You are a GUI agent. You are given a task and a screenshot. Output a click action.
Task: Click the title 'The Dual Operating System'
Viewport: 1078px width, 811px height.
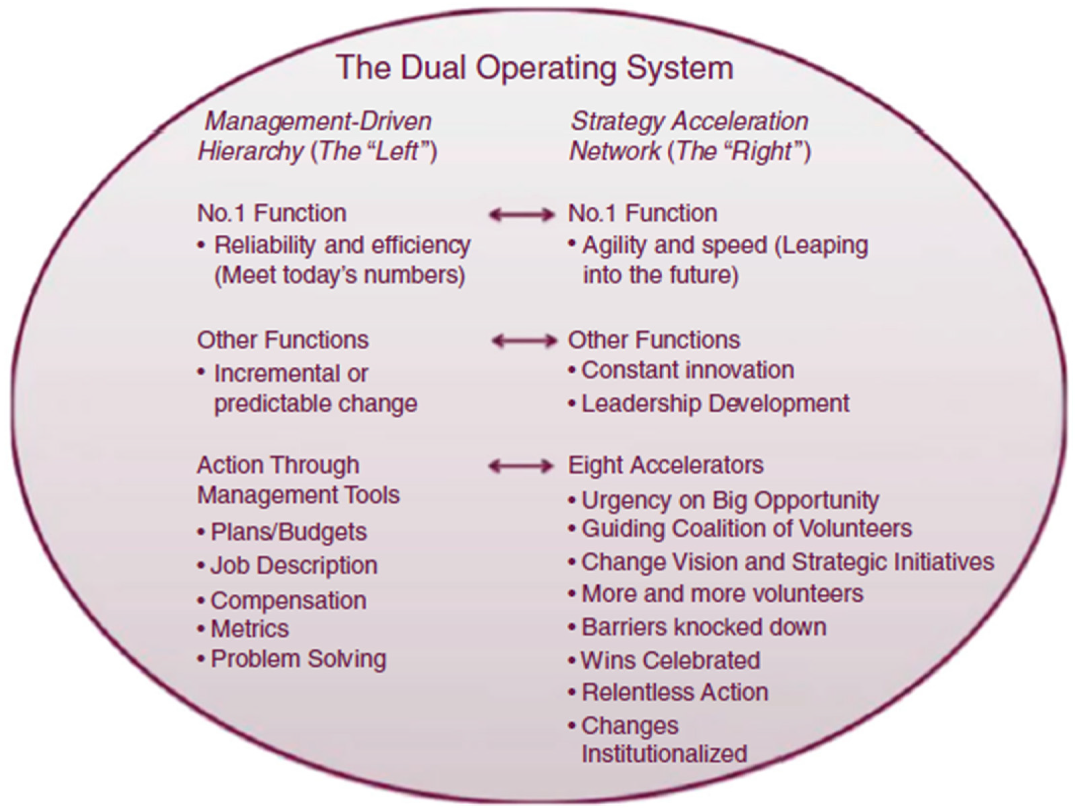click(x=534, y=67)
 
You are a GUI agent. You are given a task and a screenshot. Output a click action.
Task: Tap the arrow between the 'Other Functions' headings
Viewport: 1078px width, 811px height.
click(x=524, y=341)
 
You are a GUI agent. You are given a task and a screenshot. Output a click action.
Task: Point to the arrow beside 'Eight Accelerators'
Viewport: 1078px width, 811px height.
click(x=521, y=466)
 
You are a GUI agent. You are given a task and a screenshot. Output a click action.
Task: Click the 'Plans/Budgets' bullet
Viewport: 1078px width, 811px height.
click(x=288, y=531)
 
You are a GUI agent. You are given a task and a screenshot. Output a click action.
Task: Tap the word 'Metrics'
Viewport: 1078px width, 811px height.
click(x=250, y=629)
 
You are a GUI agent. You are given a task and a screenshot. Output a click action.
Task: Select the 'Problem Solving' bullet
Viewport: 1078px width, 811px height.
click(x=298, y=659)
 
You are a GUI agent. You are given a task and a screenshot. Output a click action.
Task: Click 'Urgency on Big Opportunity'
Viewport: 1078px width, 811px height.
click(x=730, y=500)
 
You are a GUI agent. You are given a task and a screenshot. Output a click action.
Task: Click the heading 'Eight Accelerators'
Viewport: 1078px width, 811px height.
click(x=666, y=465)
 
